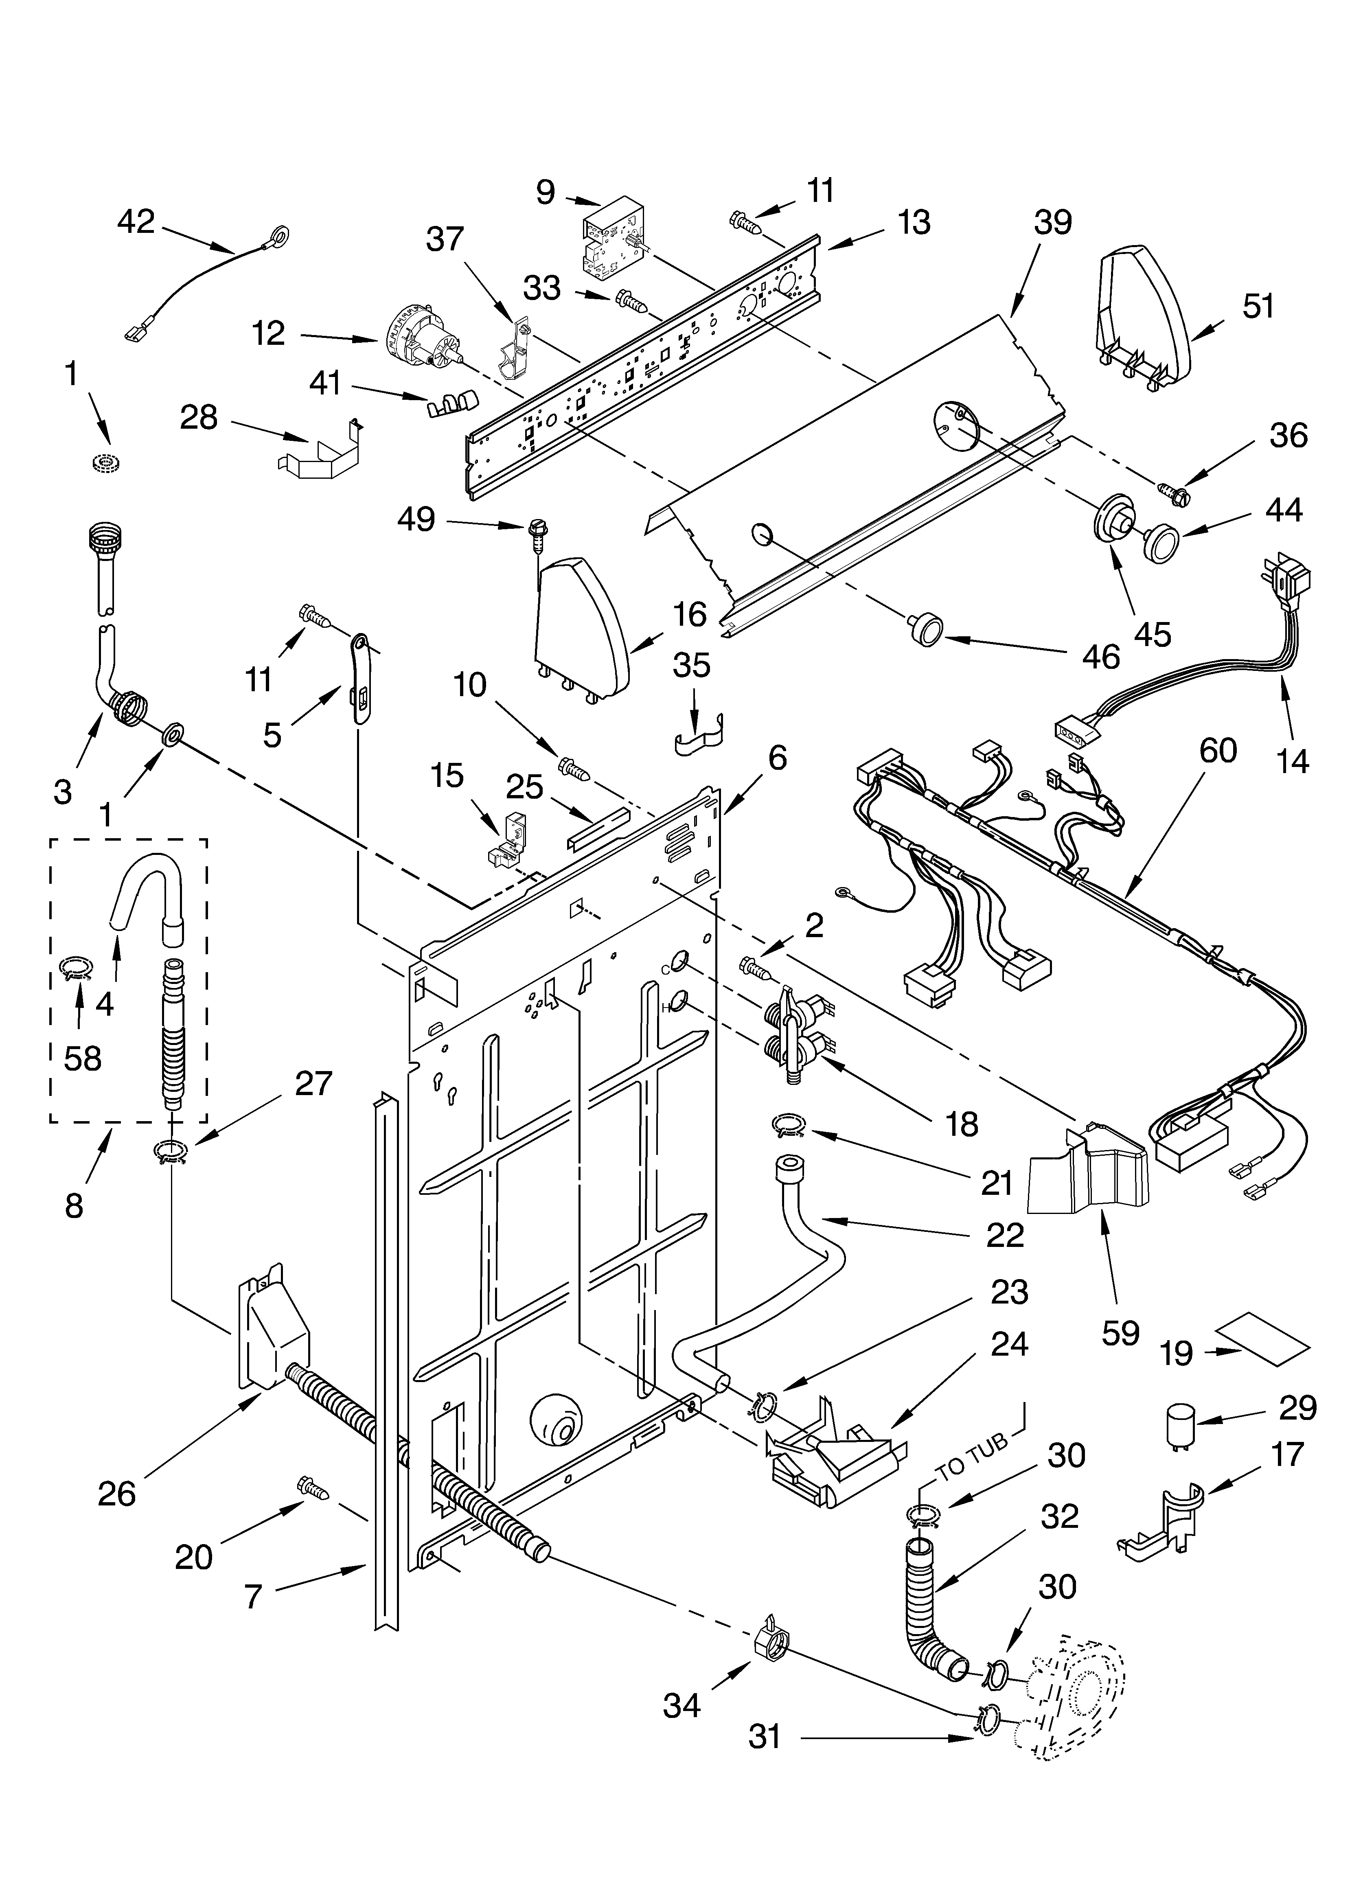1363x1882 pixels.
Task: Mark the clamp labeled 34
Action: point(769,1641)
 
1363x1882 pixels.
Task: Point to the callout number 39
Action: point(1052,222)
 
